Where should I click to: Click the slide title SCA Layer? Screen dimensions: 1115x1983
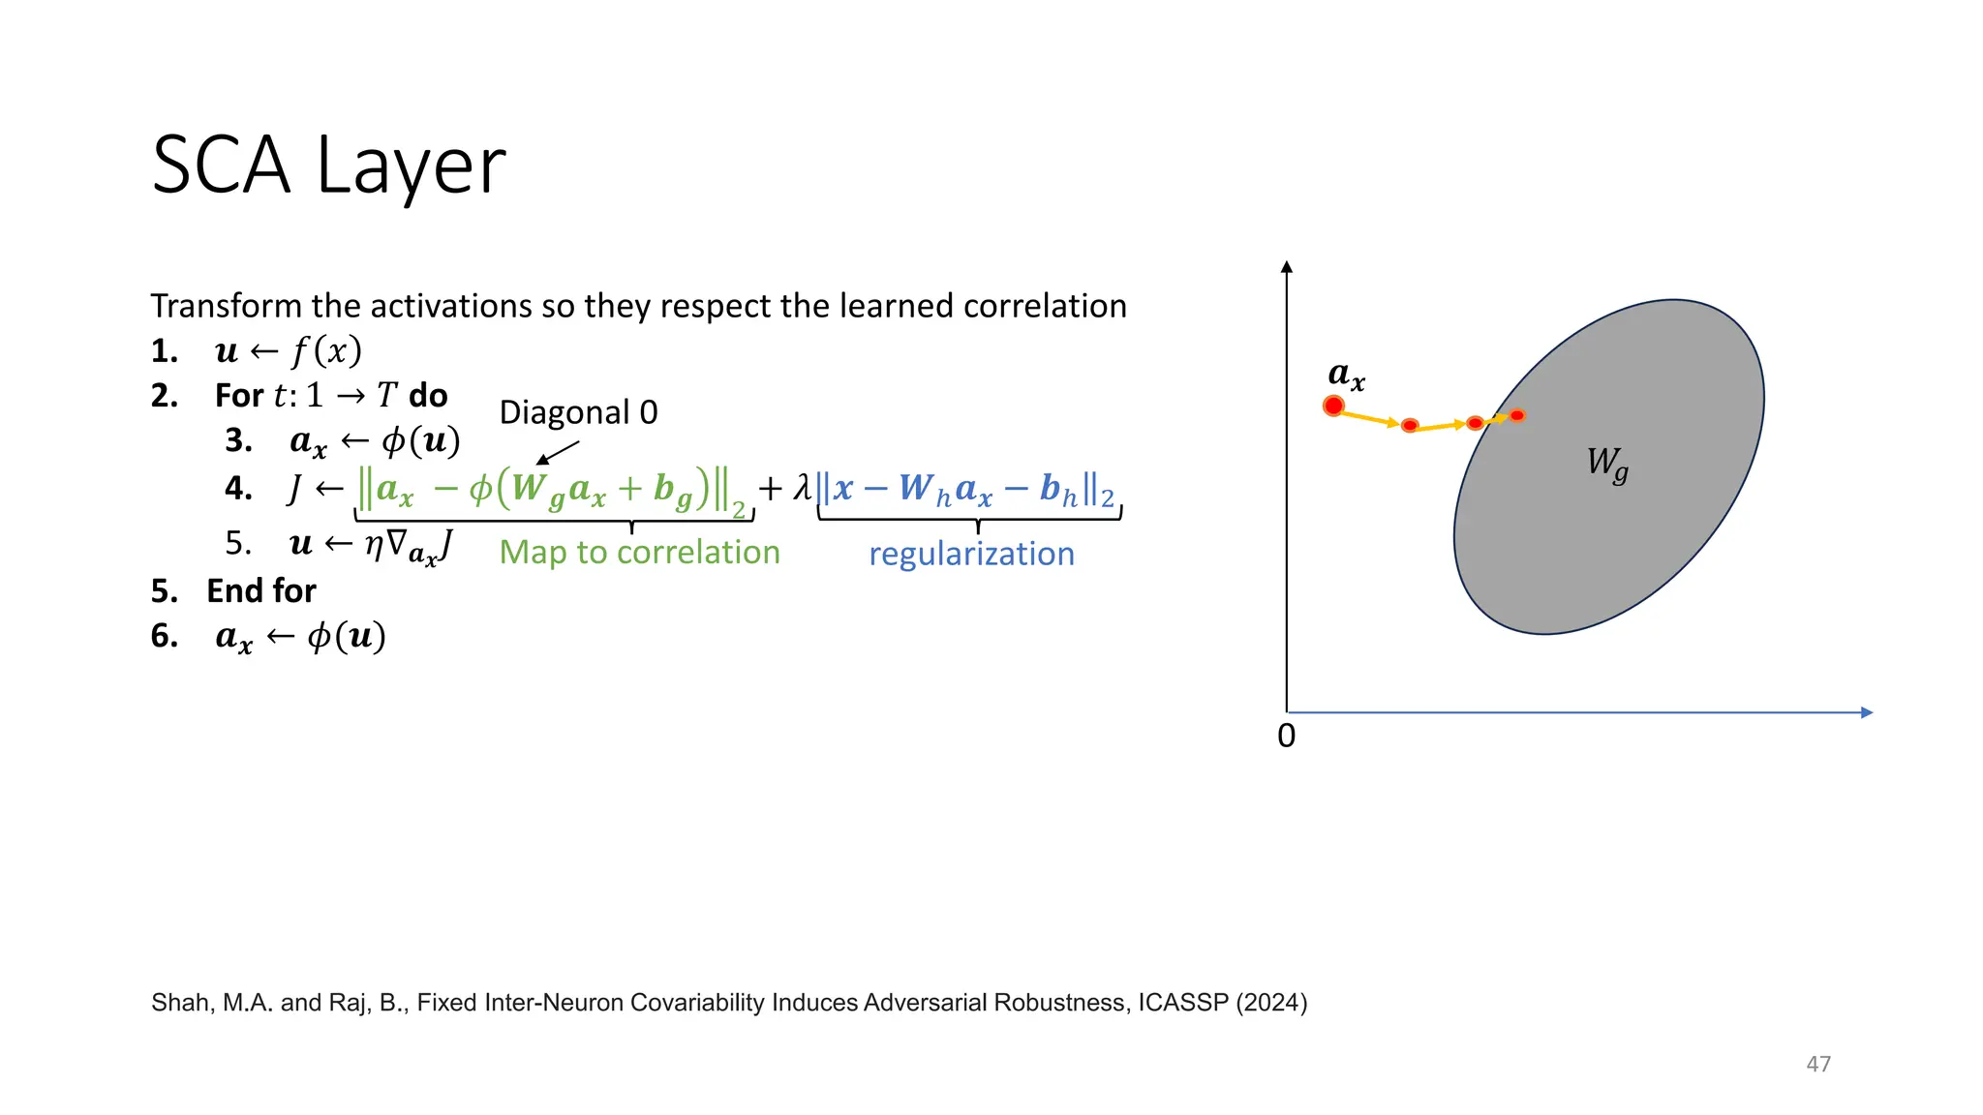(x=328, y=166)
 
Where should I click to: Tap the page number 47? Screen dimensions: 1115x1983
(x=1817, y=1064)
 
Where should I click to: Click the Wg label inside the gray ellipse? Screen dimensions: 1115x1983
(x=1606, y=463)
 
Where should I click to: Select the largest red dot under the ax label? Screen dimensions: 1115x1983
(x=1333, y=407)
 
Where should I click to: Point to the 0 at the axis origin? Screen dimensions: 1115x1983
(x=1286, y=737)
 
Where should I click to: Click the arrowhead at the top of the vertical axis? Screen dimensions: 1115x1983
(x=1286, y=267)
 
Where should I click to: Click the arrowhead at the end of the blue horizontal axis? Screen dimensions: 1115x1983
(x=1866, y=712)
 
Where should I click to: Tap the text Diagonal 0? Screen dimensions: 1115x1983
(x=578, y=412)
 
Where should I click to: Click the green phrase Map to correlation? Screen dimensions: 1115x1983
(x=639, y=552)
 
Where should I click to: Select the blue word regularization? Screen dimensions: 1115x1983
(x=971, y=554)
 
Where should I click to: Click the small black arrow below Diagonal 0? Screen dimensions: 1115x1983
(x=557, y=453)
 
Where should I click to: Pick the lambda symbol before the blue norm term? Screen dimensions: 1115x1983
(x=802, y=487)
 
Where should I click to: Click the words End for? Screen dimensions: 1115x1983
(x=260, y=590)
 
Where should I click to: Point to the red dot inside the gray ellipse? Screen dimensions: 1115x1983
(x=1517, y=415)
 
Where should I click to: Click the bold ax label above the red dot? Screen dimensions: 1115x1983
(x=1346, y=375)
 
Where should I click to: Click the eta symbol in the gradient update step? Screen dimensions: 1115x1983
(x=373, y=545)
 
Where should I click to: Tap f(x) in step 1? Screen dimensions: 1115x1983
(x=326, y=350)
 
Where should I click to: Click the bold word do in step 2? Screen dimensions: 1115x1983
(x=427, y=395)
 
